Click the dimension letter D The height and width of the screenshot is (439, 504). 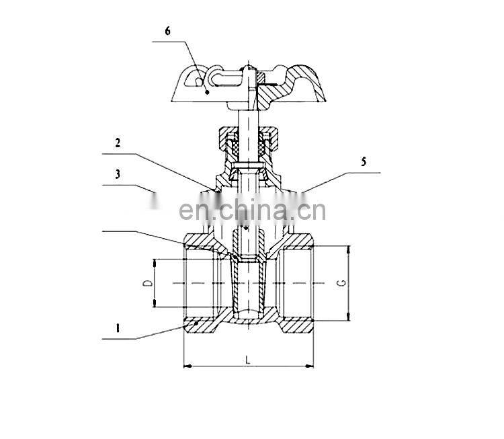[147, 284]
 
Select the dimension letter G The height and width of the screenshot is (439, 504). [341, 283]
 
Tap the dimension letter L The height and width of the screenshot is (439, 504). [248, 360]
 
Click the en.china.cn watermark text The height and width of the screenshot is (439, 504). [252, 210]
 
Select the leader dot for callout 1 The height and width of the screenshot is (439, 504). [196, 323]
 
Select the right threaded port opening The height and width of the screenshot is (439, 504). [298, 283]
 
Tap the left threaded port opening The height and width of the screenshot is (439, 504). [199, 283]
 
